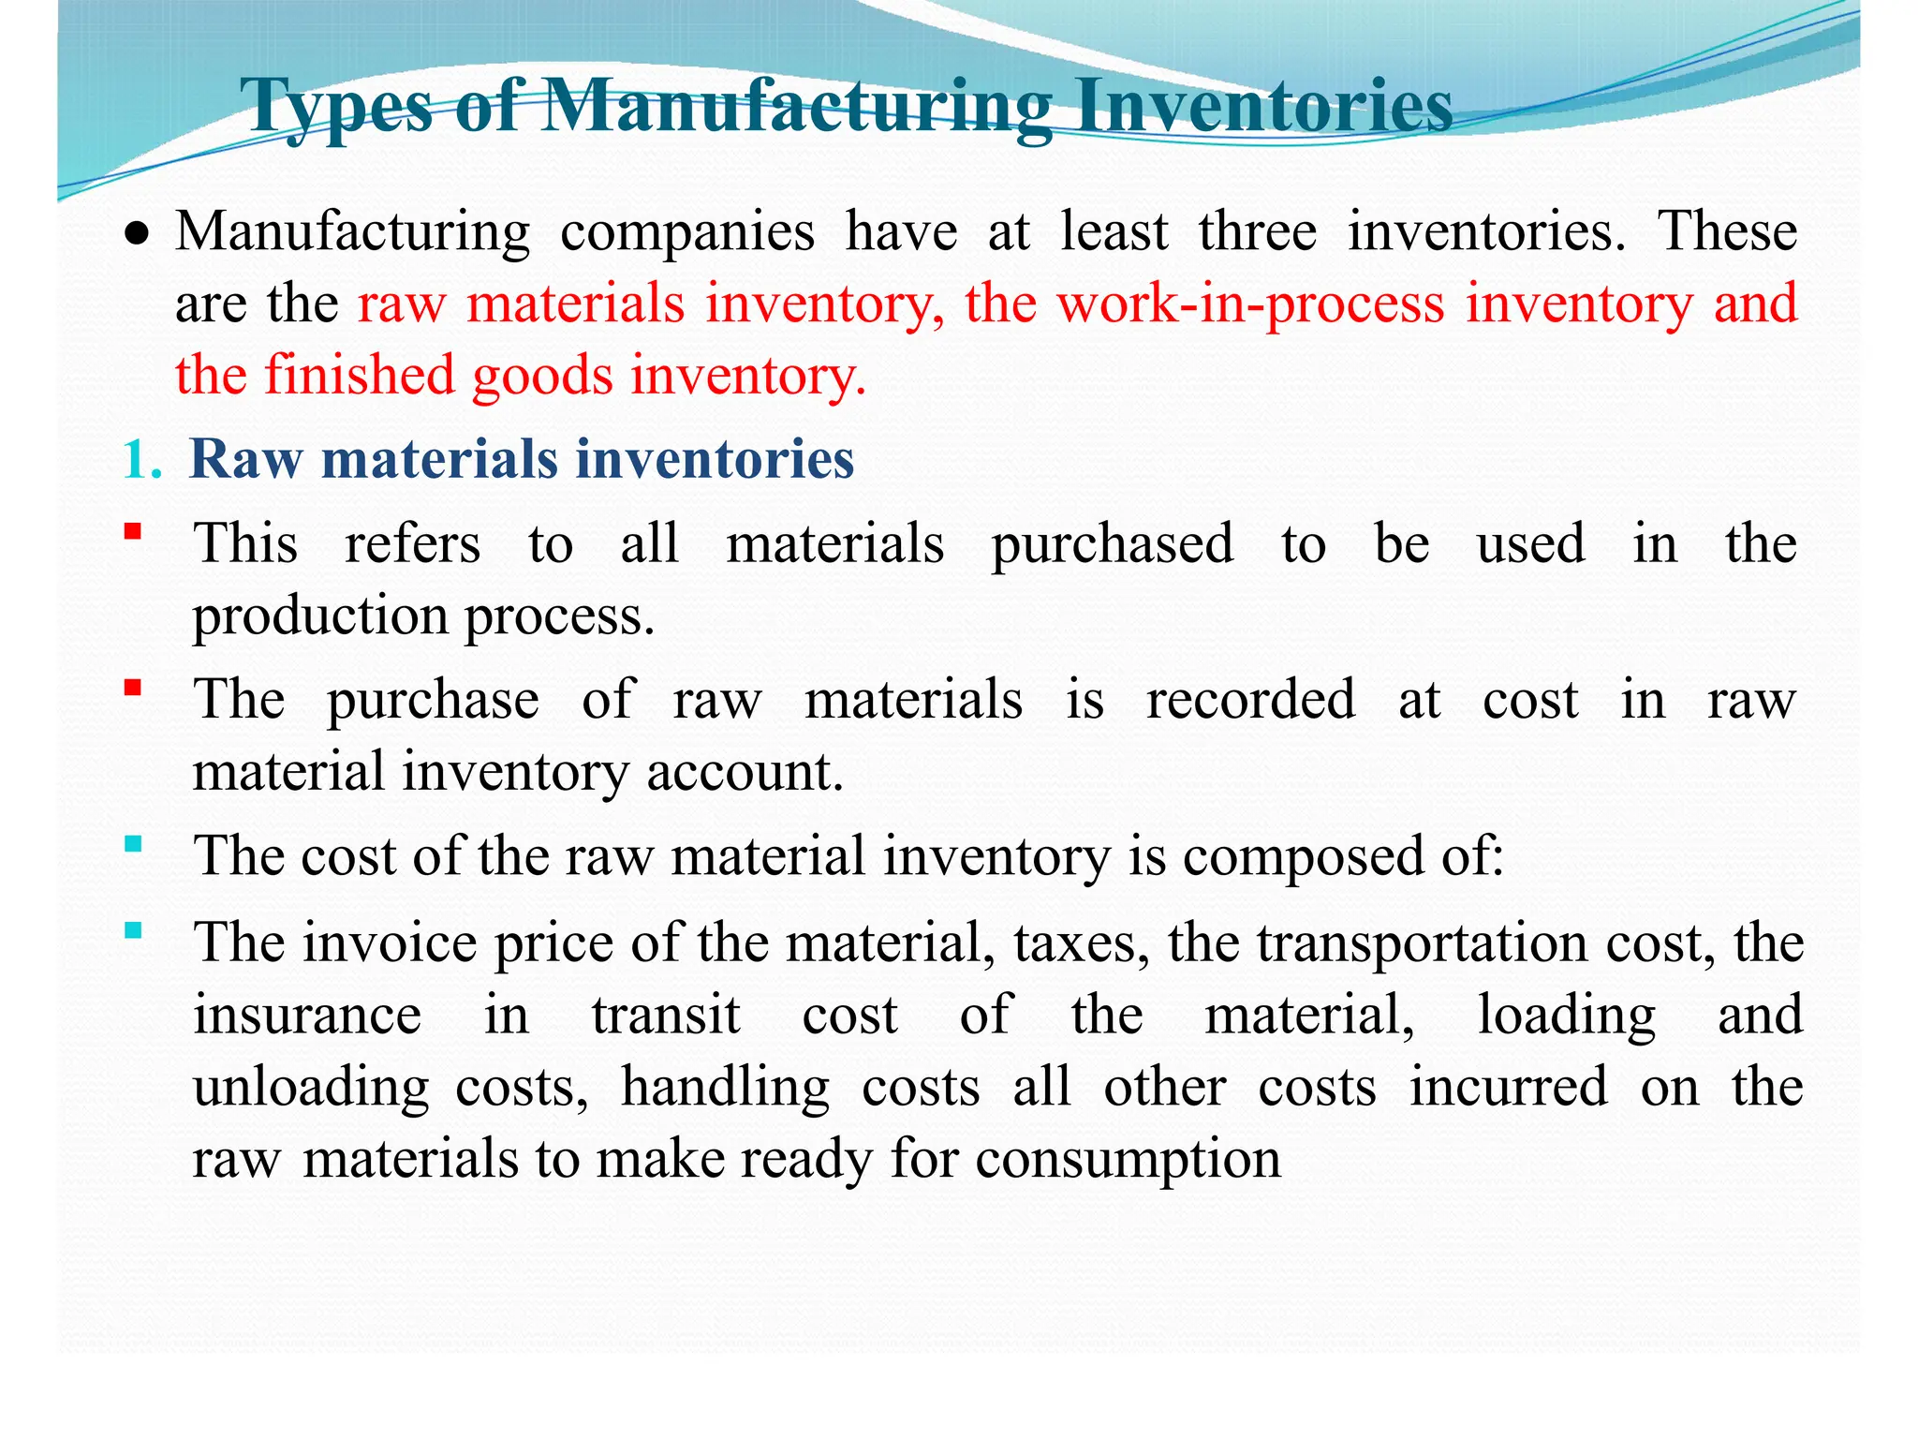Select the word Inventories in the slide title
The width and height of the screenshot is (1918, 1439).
pos(1263,106)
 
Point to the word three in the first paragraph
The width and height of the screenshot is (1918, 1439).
pos(1257,231)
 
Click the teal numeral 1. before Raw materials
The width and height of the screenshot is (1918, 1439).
pos(142,460)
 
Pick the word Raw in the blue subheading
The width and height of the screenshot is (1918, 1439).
pos(246,460)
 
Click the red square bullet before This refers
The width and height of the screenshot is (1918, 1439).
pos(133,532)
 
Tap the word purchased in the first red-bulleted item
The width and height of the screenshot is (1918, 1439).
pos(1112,545)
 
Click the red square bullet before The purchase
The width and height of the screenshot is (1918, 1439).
pos(133,689)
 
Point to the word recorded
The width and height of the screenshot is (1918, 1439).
pos(1250,700)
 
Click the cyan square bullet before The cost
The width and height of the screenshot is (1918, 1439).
pos(133,844)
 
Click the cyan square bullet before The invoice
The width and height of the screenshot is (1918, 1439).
pos(133,930)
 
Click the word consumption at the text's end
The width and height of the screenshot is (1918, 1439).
pos(1128,1160)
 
